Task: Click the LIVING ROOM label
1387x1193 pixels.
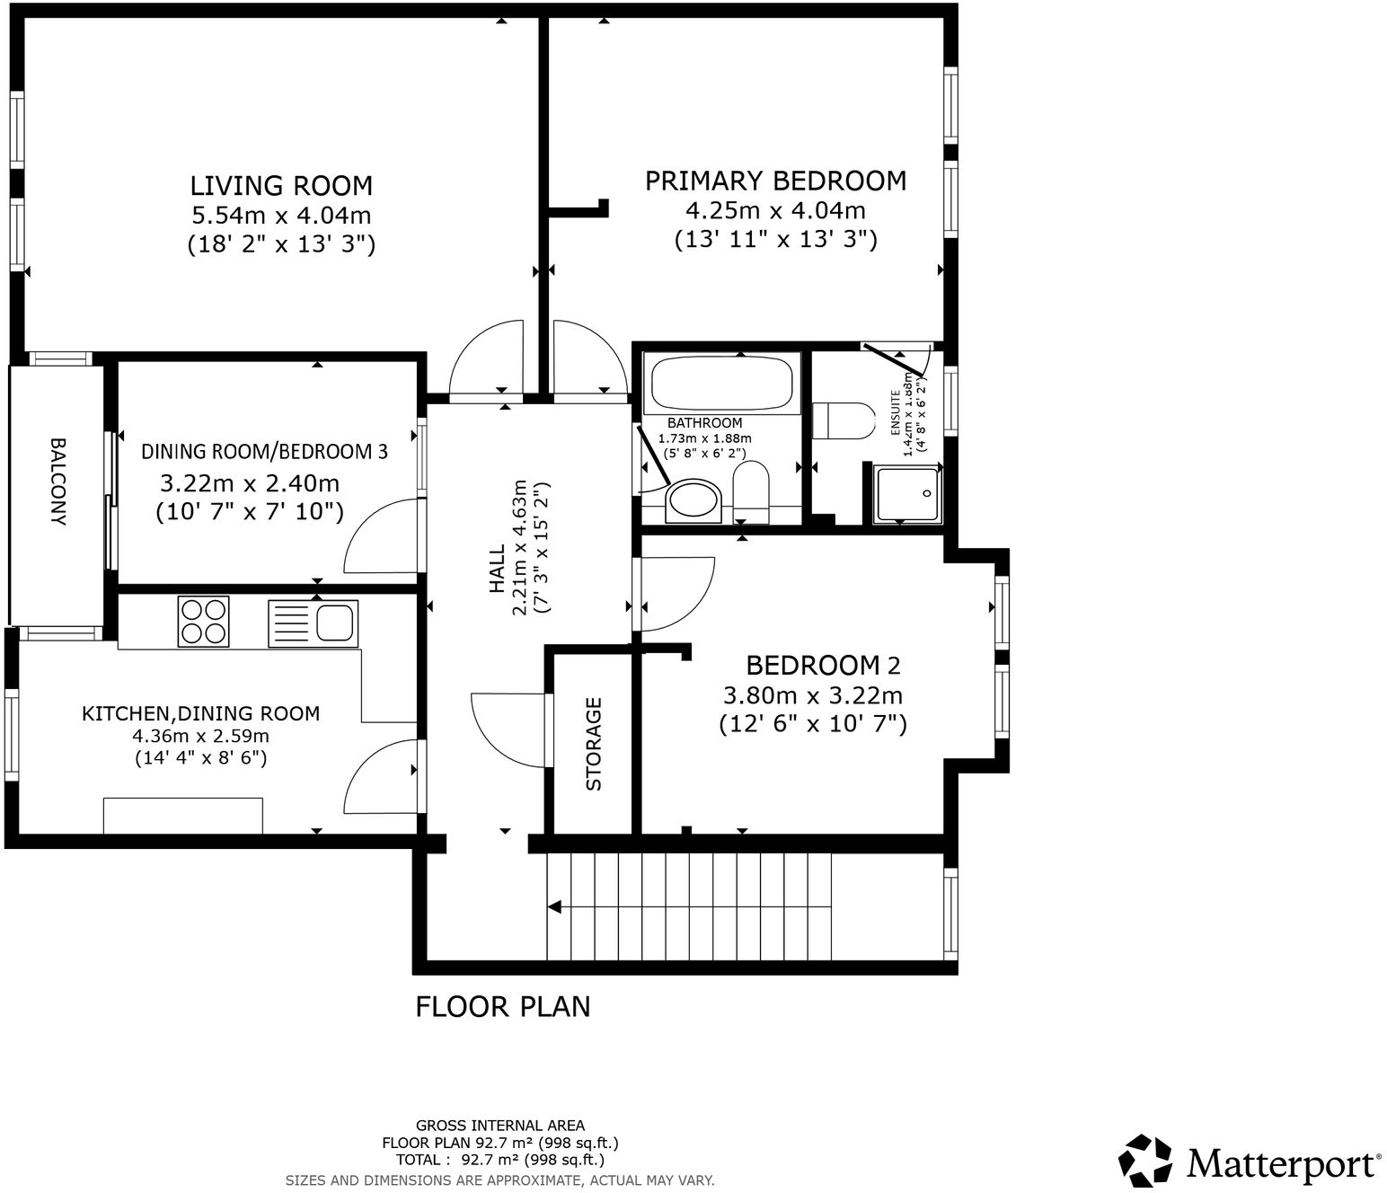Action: point(281,186)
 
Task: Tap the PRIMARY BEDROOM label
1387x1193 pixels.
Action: point(775,181)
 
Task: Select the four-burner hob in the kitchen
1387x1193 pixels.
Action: point(203,622)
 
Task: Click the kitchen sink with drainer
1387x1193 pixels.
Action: point(313,622)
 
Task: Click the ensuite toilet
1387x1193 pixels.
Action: point(843,420)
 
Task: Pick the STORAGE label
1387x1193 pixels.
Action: point(594,744)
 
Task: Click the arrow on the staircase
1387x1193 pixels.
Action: point(555,906)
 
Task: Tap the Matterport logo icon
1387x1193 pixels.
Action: point(1145,1161)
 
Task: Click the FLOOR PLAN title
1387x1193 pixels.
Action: point(502,1007)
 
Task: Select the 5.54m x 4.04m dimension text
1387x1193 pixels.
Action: point(281,216)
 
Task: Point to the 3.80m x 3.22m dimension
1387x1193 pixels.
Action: point(813,695)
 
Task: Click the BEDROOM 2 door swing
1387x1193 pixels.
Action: point(674,593)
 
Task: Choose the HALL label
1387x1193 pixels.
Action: point(497,571)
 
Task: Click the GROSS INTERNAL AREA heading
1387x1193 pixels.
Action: point(499,1126)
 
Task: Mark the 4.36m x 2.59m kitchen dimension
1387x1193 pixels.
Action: point(201,736)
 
